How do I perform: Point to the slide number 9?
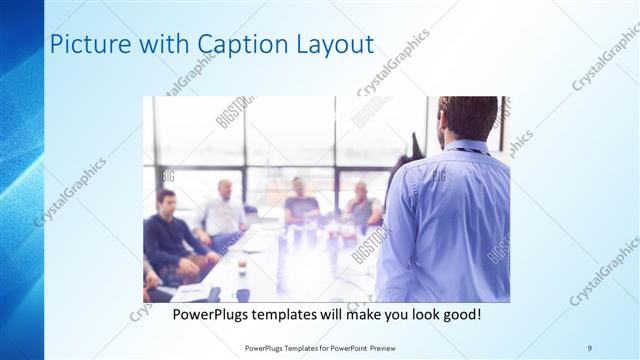pos(590,347)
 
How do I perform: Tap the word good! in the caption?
pos(462,314)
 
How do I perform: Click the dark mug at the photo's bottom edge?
pos(243,294)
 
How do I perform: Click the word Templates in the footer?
pos(300,348)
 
